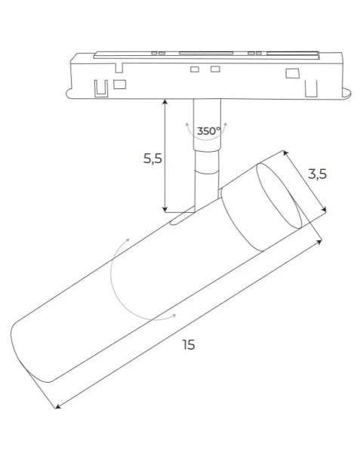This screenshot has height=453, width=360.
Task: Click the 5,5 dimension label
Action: [x=152, y=159]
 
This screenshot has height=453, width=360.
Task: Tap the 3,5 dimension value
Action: [x=318, y=174]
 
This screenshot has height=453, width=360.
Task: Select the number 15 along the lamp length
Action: [x=188, y=344]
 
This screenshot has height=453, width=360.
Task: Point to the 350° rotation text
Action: [x=208, y=131]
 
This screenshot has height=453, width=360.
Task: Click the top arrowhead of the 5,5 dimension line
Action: [x=165, y=101]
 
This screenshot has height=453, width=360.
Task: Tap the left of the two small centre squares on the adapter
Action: [x=195, y=69]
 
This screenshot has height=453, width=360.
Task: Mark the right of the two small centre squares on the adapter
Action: [x=215, y=69]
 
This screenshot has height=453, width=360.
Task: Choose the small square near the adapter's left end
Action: [x=119, y=83]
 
